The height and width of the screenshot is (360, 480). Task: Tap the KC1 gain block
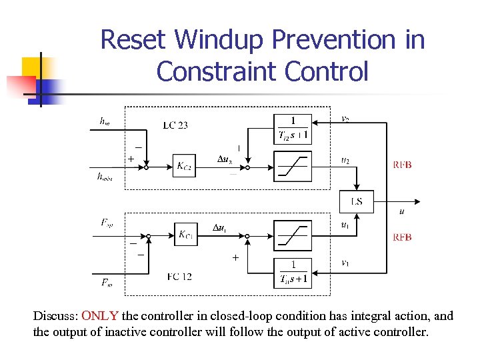click(x=185, y=235)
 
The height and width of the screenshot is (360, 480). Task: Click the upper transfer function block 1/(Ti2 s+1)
click(x=293, y=129)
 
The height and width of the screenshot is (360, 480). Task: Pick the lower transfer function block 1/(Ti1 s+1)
click(x=293, y=273)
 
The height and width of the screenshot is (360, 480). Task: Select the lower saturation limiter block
click(x=293, y=235)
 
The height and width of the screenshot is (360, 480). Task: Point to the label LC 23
click(x=175, y=125)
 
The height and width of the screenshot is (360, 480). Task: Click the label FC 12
click(x=179, y=276)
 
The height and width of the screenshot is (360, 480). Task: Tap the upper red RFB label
click(x=401, y=165)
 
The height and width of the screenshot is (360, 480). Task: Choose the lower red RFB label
click(x=401, y=237)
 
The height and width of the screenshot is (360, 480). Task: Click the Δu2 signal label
click(x=226, y=160)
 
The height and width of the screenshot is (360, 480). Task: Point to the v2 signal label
click(x=345, y=119)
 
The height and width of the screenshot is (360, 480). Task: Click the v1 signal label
click(x=345, y=263)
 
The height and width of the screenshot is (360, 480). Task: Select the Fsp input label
click(x=107, y=222)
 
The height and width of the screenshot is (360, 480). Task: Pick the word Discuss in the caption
click(x=55, y=316)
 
